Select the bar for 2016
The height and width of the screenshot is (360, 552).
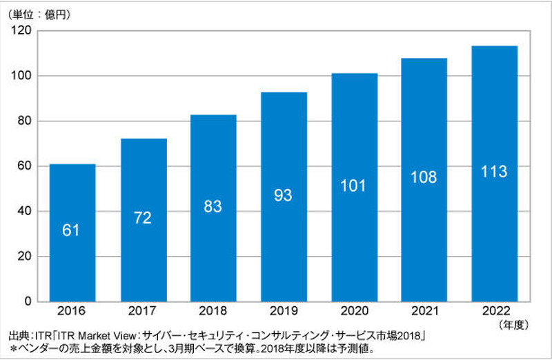[x=72, y=232]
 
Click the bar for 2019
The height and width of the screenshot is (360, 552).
[x=284, y=197]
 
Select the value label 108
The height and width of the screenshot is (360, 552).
[x=424, y=177]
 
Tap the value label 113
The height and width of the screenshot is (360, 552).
[x=494, y=172]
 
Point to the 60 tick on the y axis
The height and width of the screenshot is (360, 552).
[x=25, y=166]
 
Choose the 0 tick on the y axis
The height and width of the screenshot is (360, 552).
[x=28, y=301]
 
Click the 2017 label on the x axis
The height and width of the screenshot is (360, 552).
[x=143, y=312]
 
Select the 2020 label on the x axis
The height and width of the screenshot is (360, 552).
[x=354, y=312]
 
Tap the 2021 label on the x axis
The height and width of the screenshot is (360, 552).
[x=424, y=312]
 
